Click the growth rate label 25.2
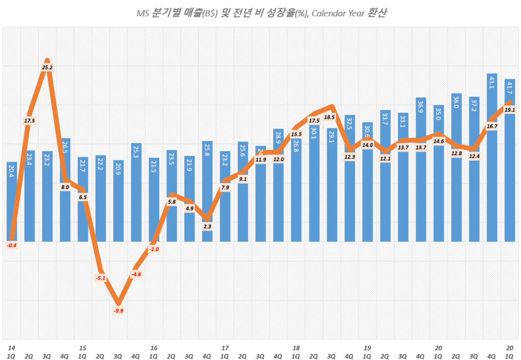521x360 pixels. click(x=47, y=67)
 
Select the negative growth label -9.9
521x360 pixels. click(x=119, y=311)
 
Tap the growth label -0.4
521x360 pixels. click(x=12, y=246)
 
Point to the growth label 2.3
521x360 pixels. click(x=208, y=227)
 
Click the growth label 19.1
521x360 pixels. click(x=510, y=110)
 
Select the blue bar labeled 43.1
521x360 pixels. click(x=492, y=158)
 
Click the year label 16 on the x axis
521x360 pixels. click(x=153, y=348)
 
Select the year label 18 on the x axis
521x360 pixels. click(x=296, y=348)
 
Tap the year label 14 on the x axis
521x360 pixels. click(x=11, y=348)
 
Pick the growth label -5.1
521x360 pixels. click(x=101, y=278)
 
